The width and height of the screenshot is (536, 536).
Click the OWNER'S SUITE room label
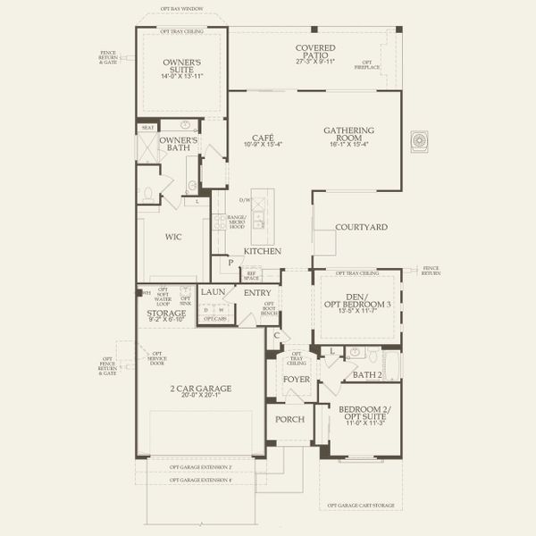coord(181,63)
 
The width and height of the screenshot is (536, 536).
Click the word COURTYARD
coord(361,228)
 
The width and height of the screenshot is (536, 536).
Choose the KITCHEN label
coord(264,252)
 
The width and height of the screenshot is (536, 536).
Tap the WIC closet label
coord(174,238)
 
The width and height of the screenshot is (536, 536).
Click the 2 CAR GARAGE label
coord(200,389)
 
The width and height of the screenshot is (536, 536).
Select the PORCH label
coord(289,419)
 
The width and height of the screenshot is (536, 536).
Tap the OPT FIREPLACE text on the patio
coord(366,66)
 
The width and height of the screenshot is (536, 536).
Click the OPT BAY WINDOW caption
coord(181,9)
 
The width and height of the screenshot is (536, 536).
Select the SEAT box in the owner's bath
coord(147,128)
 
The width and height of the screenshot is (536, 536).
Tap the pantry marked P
coord(230,263)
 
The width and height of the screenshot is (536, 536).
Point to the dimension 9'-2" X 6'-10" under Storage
coord(166,319)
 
